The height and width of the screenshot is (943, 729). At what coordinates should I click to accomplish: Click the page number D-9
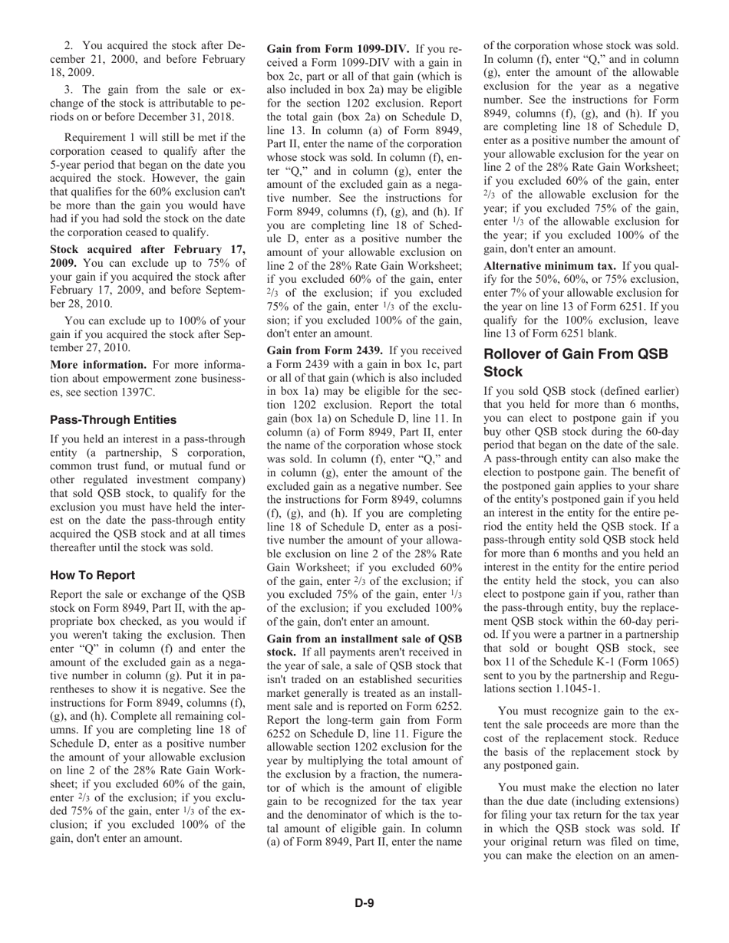click(x=364, y=902)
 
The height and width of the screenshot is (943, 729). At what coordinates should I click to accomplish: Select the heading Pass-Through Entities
click(x=113, y=420)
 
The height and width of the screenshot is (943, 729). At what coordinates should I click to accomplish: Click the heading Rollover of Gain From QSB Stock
click(x=576, y=363)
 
